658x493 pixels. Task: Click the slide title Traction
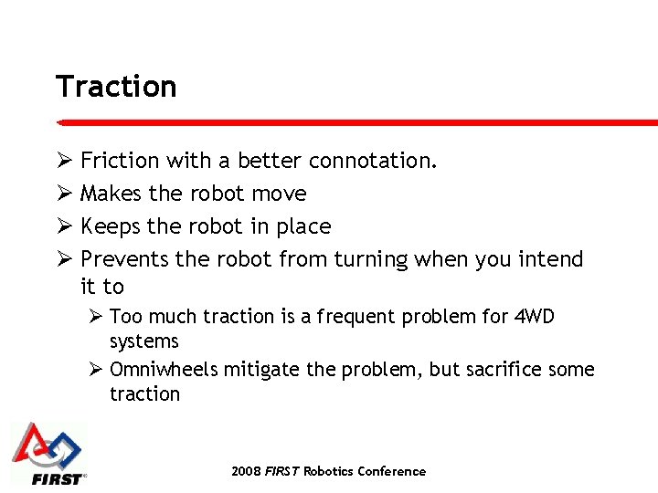(x=116, y=87)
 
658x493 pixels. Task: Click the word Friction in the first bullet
(x=120, y=161)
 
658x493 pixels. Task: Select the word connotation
(x=373, y=161)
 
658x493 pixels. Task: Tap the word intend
(x=551, y=259)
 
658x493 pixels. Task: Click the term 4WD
(x=534, y=317)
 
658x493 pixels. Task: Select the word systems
(x=144, y=341)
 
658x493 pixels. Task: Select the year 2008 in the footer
(x=246, y=471)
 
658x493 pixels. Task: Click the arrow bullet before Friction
(x=64, y=161)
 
